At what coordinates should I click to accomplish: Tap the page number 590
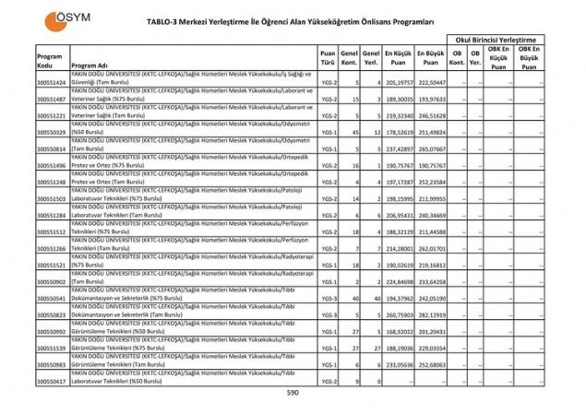pos(293,392)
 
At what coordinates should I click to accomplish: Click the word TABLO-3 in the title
pos(167,18)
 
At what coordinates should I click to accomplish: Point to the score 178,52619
pos(399,133)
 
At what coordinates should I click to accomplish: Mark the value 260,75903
pos(399,315)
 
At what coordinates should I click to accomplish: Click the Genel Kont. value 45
pos(354,133)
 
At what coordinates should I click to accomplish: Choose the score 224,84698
pos(399,282)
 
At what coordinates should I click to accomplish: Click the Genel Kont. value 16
pos(354,166)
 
